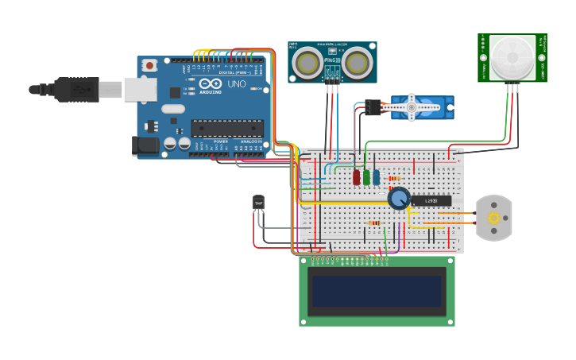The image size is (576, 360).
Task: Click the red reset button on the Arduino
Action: click(x=148, y=66)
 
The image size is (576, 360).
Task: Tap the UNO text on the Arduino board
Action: click(x=237, y=83)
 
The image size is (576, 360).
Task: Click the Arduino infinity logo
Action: click(x=211, y=83)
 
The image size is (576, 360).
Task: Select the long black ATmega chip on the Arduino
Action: click(x=227, y=128)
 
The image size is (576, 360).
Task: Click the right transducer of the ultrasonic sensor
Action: click(x=357, y=62)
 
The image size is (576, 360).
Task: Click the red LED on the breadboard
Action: click(x=357, y=176)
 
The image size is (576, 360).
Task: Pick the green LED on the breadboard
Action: click(x=366, y=176)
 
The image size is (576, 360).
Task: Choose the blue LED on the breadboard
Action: click(x=376, y=176)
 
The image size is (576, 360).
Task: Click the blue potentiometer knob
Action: click(x=399, y=198)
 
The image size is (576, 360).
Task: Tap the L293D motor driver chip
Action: click(x=431, y=200)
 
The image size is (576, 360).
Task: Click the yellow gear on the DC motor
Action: click(x=494, y=218)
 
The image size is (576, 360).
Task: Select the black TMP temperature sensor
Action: click(x=258, y=203)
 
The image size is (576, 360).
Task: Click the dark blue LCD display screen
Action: click(x=377, y=291)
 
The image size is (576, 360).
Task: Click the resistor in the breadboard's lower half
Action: click(x=374, y=223)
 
